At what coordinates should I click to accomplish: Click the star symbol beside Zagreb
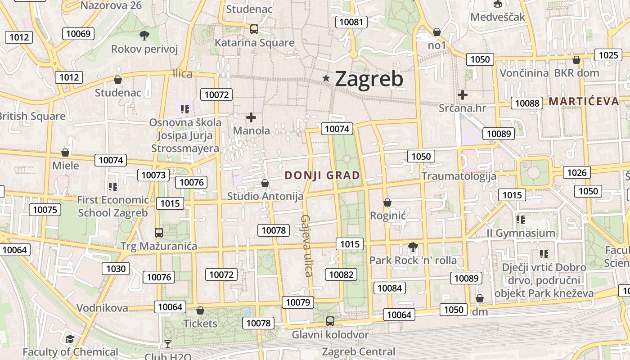tap(326, 78)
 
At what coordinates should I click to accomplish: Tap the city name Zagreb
tap(369, 79)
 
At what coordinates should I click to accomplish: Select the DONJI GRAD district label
tap(323, 175)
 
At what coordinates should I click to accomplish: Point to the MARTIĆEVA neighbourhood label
tap(584, 101)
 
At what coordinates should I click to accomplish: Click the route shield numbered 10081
tap(351, 22)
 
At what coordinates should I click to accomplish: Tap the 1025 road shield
tap(608, 55)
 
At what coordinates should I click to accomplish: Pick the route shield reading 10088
tap(527, 103)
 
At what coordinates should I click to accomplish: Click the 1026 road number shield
tap(577, 172)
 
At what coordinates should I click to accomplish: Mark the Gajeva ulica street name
tap(306, 245)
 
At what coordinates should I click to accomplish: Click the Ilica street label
tap(182, 74)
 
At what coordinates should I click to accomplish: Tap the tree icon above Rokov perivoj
tap(144, 35)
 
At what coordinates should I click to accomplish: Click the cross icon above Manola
tap(251, 117)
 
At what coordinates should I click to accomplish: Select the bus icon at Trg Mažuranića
tap(159, 233)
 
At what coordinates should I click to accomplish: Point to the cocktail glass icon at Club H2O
tap(168, 344)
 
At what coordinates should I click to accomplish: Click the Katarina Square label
tap(254, 43)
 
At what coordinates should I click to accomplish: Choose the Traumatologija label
tap(459, 176)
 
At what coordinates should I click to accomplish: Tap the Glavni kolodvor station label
tap(330, 334)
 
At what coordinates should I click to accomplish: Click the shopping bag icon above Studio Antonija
tap(265, 183)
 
